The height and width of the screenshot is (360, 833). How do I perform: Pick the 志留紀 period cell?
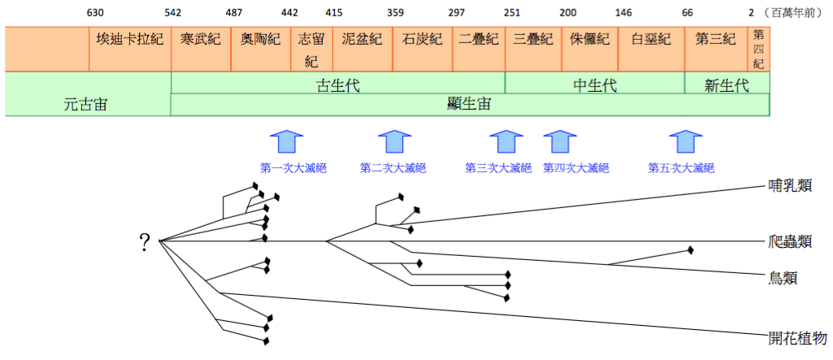click(x=311, y=50)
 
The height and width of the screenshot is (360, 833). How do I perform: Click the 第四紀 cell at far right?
click(x=758, y=49)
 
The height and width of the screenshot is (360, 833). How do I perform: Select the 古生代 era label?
click(x=337, y=85)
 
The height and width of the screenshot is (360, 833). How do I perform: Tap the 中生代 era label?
click(x=594, y=85)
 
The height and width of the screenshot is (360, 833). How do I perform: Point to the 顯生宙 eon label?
click(x=469, y=104)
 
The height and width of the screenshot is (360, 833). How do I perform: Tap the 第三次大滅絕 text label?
click(x=497, y=168)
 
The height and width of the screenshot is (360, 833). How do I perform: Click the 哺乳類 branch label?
click(x=791, y=186)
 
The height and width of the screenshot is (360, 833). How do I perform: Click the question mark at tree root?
click(x=145, y=241)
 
